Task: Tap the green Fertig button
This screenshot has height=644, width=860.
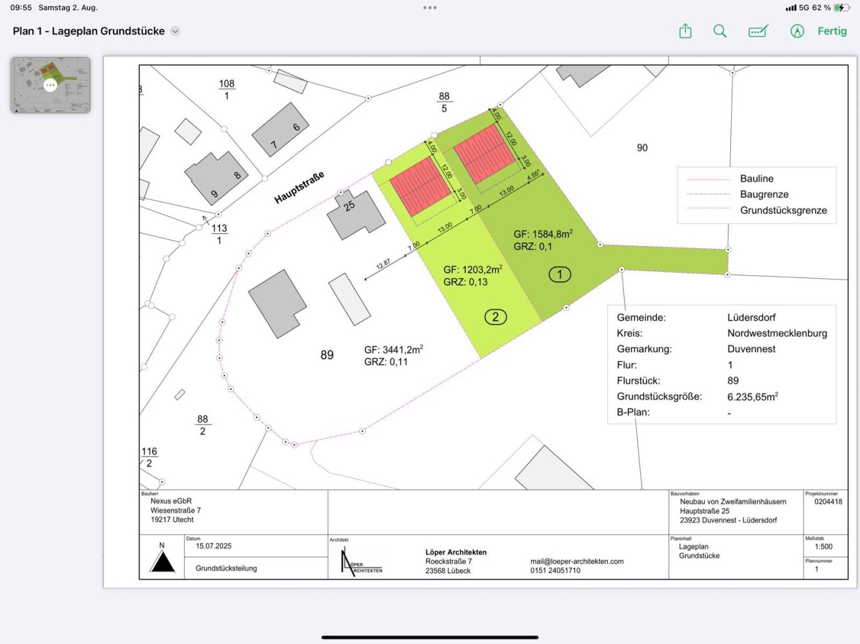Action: point(832,31)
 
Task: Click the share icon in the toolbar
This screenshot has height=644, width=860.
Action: point(685,31)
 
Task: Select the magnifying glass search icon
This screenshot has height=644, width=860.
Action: point(720,31)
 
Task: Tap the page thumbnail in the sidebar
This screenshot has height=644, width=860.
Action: point(50,85)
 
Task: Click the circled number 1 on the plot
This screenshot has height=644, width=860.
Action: point(560,274)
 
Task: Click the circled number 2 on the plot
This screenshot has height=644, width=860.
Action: point(495,317)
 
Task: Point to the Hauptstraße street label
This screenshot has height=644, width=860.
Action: point(299,187)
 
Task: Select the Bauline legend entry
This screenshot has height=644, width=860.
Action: point(756,178)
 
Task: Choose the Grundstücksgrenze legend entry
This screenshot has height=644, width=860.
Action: point(783,210)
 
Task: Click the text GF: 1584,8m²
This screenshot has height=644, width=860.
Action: point(543,234)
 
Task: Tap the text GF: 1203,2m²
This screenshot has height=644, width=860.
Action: point(473,269)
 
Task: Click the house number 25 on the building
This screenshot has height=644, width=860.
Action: point(349,206)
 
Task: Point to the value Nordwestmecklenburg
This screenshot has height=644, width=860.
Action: point(777,333)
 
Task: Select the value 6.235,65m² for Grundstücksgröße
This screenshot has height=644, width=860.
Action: point(752,397)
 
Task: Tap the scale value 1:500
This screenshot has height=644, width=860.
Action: point(823,547)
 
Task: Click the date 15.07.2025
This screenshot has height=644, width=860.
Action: point(213,546)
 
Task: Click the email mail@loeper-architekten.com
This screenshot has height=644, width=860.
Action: point(576,561)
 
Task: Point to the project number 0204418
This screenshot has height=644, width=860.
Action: point(828,502)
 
